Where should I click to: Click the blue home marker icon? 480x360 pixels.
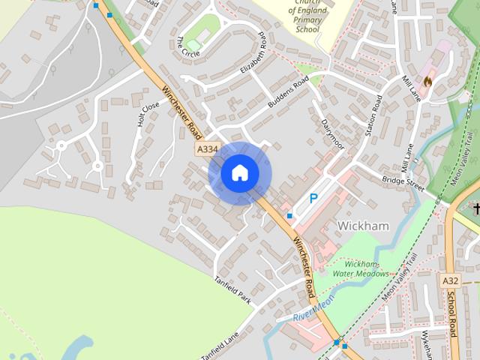239,172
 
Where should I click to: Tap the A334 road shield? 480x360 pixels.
208,150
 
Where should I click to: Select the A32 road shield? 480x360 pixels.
450,280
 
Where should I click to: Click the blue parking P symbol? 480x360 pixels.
313,199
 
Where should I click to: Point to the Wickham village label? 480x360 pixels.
362,225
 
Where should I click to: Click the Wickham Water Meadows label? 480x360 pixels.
367,268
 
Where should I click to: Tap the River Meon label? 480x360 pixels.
313,307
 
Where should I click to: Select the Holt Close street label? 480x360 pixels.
148,115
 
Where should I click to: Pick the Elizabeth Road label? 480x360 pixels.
253,57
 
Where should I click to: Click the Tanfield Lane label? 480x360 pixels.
219,344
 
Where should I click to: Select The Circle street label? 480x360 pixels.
187,47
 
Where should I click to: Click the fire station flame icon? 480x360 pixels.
428,79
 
